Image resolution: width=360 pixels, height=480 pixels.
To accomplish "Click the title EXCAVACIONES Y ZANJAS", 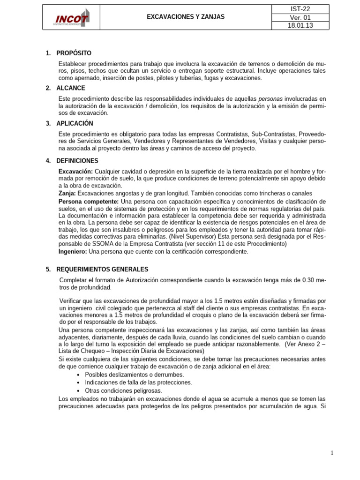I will [x=186, y=17].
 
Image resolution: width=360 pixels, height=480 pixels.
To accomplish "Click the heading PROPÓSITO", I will [x=74, y=53].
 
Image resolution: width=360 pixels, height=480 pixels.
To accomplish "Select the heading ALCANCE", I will [x=71, y=88].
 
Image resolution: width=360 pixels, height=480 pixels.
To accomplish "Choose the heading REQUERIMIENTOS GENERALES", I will [x=102, y=270].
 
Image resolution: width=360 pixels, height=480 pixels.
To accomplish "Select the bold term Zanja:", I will [x=67, y=193].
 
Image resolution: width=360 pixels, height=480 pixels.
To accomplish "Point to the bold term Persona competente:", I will [x=88, y=201].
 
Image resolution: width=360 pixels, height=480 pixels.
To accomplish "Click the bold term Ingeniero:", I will [x=73, y=252].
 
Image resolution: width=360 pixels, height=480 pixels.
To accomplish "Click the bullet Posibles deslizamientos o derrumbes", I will [x=134, y=375].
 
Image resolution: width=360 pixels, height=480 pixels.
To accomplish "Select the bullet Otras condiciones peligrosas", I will [x=123, y=390].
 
